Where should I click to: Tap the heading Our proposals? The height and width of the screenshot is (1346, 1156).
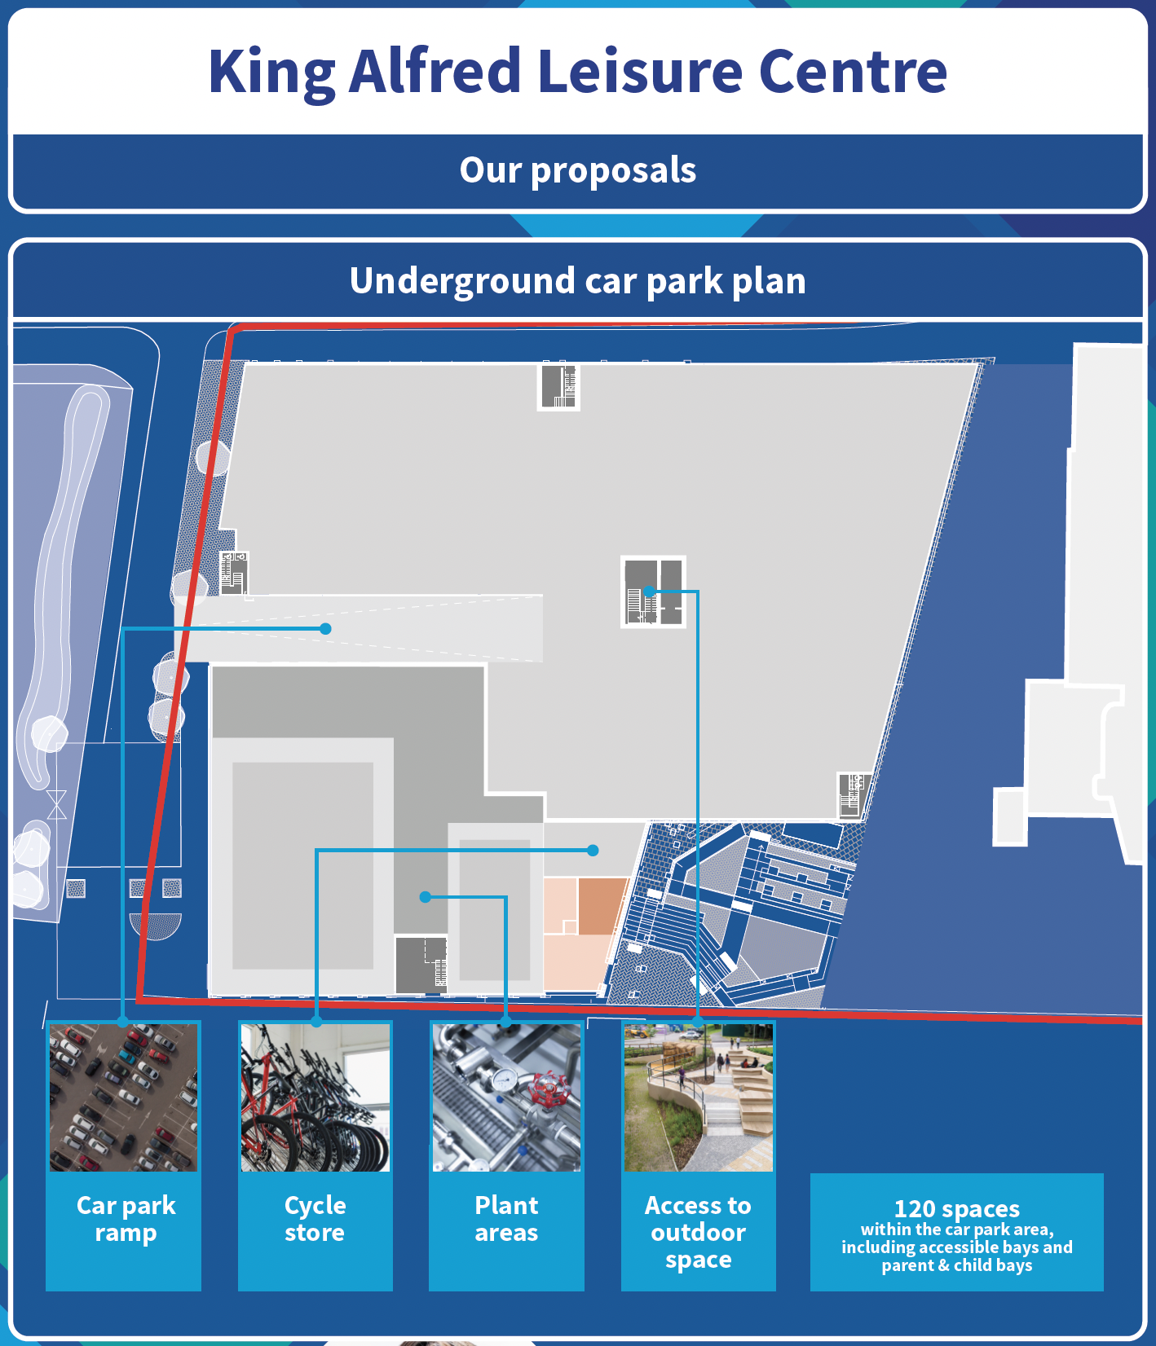[x=578, y=170]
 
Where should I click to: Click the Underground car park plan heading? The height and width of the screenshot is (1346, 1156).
[x=578, y=281]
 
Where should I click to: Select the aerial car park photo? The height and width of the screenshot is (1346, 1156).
[x=123, y=1097]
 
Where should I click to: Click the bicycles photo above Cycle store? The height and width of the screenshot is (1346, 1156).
[x=315, y=1097]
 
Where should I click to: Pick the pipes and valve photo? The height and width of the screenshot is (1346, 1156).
[x=507, y=1097]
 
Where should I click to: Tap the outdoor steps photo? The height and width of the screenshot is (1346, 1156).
[x=699, y=1097]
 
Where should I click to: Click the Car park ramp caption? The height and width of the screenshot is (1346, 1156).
[x=126, y=1219]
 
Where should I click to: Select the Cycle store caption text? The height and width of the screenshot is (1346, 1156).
[x=315, y=1219]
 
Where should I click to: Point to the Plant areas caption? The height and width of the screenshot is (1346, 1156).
[x=507, y=1219]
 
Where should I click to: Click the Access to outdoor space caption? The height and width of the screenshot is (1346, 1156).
[x=699, y=1232]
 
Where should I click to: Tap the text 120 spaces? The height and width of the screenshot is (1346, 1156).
[x=957, y=1208]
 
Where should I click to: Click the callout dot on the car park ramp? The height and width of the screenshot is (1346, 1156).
[x=325, y=628]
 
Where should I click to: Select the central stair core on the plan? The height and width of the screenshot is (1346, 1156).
[x=653, y=592]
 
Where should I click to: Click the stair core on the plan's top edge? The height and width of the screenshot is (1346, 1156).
[x=558, y=385]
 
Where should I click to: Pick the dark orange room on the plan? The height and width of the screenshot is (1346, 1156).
[x=602, y=905]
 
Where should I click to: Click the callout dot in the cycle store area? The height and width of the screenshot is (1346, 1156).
[x=593, y=850]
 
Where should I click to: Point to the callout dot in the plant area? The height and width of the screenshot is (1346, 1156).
[x=425, y=897]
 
